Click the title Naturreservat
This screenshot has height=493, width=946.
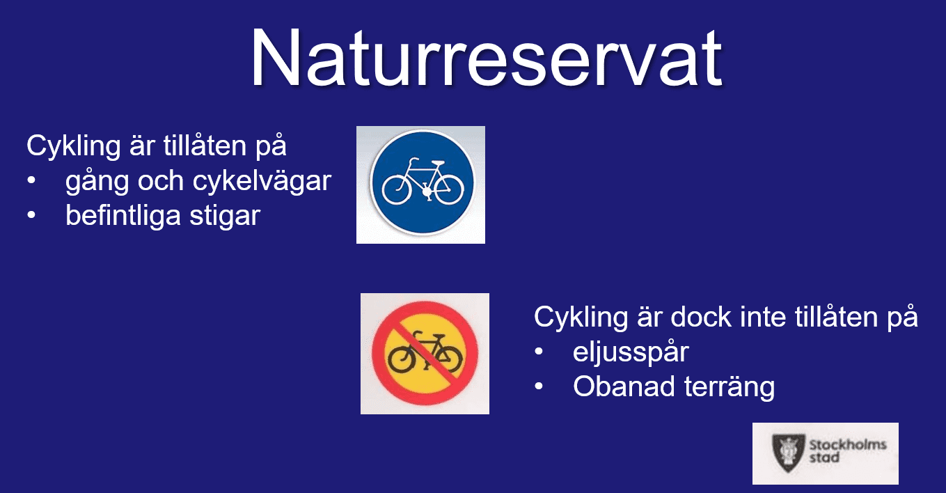(x=486, y=58)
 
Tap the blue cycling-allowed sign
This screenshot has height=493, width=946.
(x=423, y=182)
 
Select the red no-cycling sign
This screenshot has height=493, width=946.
(x=425, y=353)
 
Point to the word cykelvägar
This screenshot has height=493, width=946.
(x=262, y=182)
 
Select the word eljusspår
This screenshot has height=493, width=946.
(x=631, y=353)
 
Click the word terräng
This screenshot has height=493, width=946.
(x=730, y=388)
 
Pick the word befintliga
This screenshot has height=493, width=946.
(x=123, y=216)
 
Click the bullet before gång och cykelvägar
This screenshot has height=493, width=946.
(x=31, y=180)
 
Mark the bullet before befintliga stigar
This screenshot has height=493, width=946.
(x=31, y=215)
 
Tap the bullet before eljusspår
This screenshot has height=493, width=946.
(x=539, y=352)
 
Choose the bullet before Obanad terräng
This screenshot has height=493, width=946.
(x=539, y=386)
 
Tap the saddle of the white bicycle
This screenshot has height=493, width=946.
(x=438, y=163)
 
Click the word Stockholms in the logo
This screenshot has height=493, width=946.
(x=848, y=444)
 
